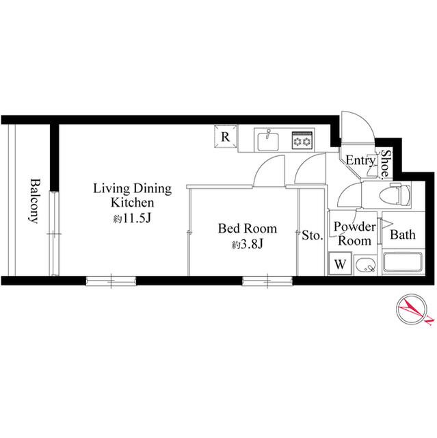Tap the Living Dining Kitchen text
pyautogui.click(x=132, y=196)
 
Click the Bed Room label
pyautogui.click(x=247, y=228)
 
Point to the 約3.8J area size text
pyautogui.click(x=247, y=244)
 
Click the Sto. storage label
pyautogui.click(x=312, y=236)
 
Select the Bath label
pyautogui.click(x=402, y=235)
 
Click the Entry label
pyautogui.click(x=360, y=161)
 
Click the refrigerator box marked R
pyautogui.click(x=225, y=136)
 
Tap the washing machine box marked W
pyautogui.click(x=340, y=263)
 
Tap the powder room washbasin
pyautogui.click(x=367, y=264)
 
